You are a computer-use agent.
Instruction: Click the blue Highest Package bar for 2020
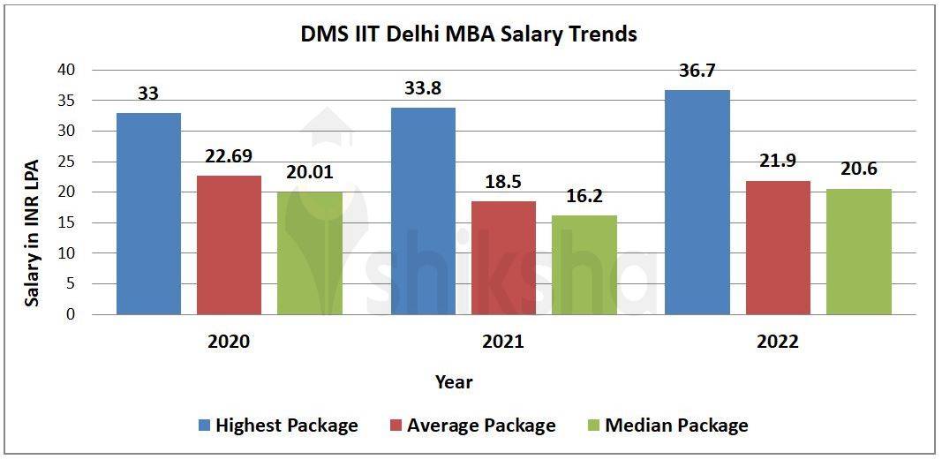pos(148,214)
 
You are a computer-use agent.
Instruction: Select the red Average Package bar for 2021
pos(503,258)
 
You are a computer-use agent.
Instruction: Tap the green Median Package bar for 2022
pos(858,252)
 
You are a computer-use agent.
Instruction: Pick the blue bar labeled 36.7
pos(697,202)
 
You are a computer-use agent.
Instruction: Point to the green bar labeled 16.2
pos(584,265)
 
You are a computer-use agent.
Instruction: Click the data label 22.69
pos(229,156)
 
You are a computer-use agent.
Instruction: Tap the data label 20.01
pos(309,173)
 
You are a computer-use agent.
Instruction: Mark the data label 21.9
pos(778,162)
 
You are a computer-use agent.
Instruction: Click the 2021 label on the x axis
pos(502,342)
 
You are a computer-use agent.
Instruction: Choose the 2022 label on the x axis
pos(777,342)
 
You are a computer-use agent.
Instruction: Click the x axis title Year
pos(454,382)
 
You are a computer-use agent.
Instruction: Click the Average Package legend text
pos(481,426)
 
